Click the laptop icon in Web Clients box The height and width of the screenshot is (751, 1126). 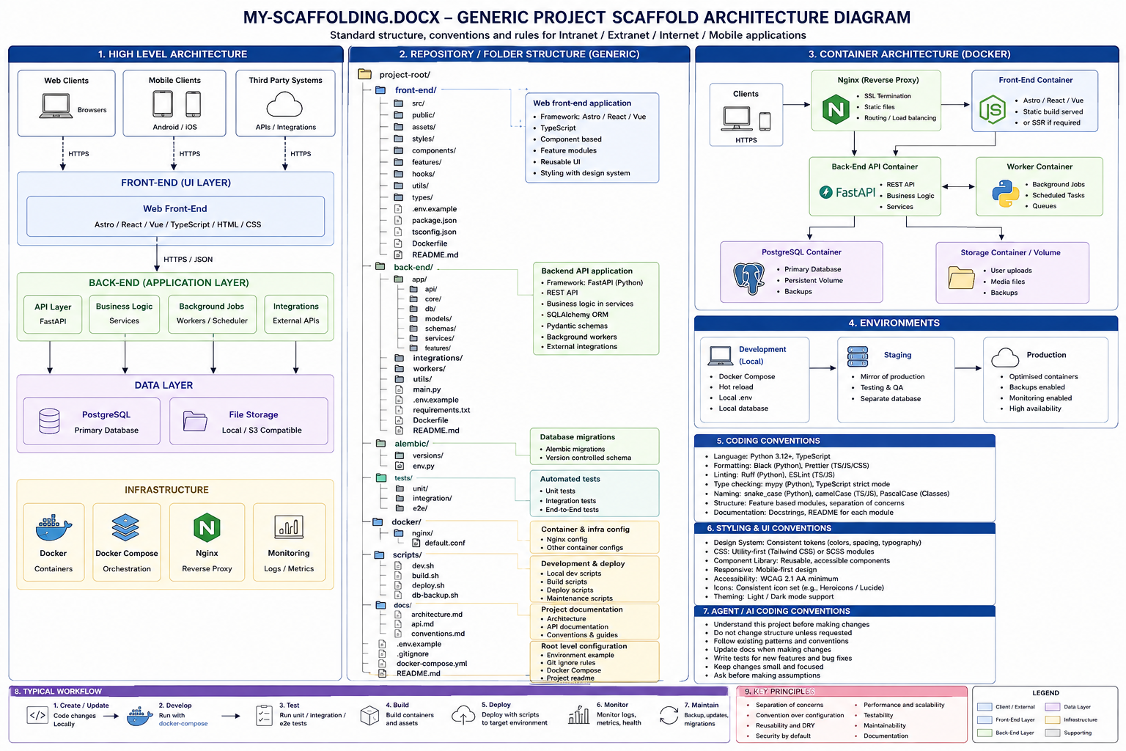[x=56, y=106]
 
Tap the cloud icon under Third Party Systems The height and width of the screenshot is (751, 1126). [x=284, y=104]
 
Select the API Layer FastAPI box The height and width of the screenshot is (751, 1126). [x=53, y=314]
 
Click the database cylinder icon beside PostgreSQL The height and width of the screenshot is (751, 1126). [x=49, y=421]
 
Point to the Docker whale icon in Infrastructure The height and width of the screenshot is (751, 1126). [x=54, y=527]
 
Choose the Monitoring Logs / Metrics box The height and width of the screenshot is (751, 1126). [x=289, y=542]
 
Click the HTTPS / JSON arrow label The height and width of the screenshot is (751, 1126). [x=188, y=260]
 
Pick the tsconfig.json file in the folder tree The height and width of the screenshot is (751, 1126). [x=434, y=232]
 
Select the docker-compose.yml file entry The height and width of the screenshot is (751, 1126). [x=432, y=664]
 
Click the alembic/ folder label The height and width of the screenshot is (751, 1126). [x=412, y=444]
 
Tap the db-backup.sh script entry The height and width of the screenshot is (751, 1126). [x=435, y=595]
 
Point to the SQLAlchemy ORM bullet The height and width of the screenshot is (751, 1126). [x=577, y=315]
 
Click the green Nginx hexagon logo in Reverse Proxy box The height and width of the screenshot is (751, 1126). [x=836, y=109]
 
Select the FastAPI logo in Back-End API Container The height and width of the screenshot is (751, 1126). [x=847, y=192]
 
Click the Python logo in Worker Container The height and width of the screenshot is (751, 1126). [x=1005, y=194]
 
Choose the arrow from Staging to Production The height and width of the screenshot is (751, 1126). [x=968, y=368]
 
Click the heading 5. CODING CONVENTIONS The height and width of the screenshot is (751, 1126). [x=768, y=441]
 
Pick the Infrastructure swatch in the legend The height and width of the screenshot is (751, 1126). [x=1052, y=719]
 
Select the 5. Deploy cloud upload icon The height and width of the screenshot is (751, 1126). [x=463, y=715]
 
